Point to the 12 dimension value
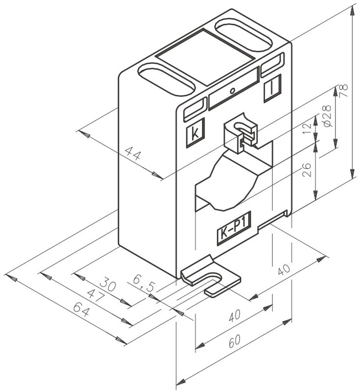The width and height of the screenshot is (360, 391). pyautogui.click(x=307, y=130)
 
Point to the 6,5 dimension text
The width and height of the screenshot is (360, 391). pyautogui.click(x=144, y=282)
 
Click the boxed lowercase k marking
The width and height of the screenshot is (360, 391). pyautogui.click(x=196, y=133)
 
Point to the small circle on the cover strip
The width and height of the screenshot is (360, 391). pyautogui.click(x=232, y=90)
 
